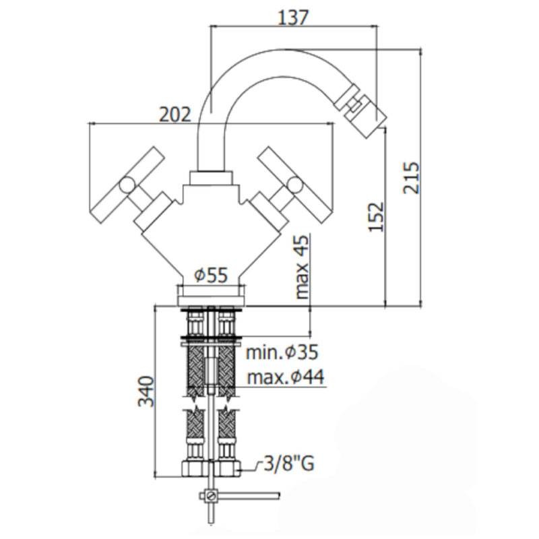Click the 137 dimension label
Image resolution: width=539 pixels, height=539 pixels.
(293, 18)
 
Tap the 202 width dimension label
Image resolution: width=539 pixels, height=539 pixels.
(175, 115)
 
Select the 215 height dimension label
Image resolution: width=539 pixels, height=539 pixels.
(412, 178)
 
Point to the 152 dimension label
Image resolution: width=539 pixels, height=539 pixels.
(377, 217)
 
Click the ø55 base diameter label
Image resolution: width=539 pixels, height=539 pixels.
(211, 275)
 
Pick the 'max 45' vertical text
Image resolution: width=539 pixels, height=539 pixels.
(302, 267)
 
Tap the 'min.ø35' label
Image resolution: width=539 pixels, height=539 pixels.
(282, 352)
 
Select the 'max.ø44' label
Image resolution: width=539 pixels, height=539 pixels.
(286, 377)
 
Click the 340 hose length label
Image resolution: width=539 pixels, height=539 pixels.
(146, 391)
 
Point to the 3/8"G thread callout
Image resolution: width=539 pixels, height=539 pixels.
(289, 464)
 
